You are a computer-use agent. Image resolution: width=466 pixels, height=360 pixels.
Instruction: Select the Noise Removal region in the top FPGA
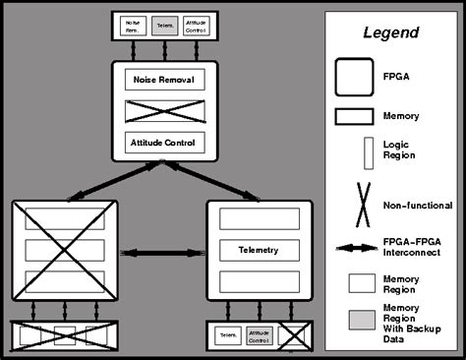[x=165, y=79]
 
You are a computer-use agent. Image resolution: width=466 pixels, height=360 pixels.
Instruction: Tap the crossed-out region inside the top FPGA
[x=165, y=109]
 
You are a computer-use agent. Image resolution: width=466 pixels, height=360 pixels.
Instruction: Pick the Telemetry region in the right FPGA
[x=259, y=249]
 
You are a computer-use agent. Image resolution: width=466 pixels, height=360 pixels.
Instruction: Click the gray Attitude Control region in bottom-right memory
[x=259, y=335]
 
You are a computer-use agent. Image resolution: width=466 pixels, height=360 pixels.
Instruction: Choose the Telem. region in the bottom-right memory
[x=228, y=335]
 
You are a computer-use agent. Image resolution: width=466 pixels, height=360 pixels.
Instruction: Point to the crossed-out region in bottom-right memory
[x=290, y=335]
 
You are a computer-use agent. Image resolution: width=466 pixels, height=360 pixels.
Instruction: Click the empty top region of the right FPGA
[x=259, y=216]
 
